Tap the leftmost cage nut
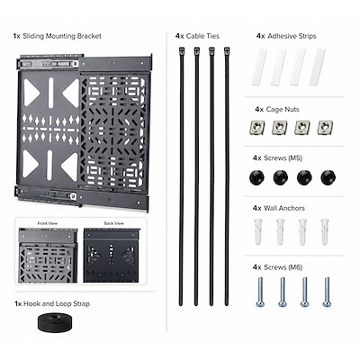coord(257,128)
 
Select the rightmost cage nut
coord(324,128)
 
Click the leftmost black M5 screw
coord(256,177)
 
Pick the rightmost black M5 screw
coord(328,177)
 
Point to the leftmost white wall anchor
coord(258,232)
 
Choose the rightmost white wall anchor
coord(325,232)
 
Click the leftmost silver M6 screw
coord(260,292)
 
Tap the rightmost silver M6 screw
coord(327,292)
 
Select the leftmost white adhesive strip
coord(259,67)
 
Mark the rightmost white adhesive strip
coord(318,67)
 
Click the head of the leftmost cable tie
coord(181,50)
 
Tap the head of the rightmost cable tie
coord(227,50)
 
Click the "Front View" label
coord(48,223)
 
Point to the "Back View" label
coord(113,223)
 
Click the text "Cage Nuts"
coord(283,110)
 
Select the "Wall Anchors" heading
coord(284,208)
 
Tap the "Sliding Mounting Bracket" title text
coord(62,36)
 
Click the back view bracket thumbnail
coord(112,256)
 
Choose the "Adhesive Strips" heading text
coord(292,36)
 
